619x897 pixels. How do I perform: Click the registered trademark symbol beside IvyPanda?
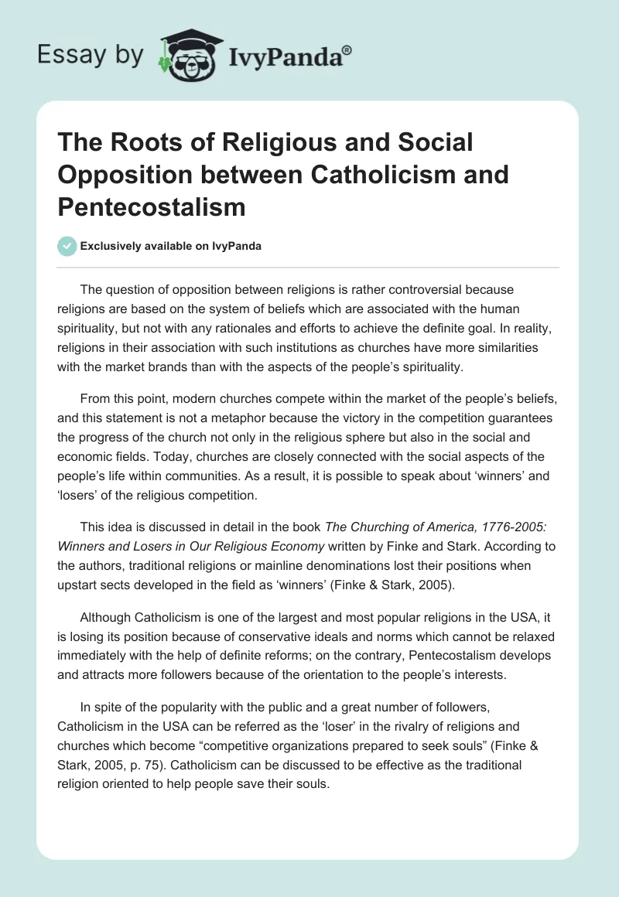click(347, 48)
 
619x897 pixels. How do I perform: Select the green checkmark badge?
click(67, 246)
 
